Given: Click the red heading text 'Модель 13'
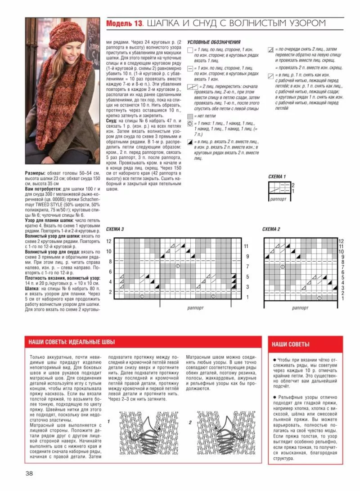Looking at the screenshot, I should (124, 23).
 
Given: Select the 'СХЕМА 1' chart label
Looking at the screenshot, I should (277, 176).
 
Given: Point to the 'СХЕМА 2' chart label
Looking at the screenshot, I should (271, 229).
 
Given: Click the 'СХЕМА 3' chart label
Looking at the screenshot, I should (115, 229).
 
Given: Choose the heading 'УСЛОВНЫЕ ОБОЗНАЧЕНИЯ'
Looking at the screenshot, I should (213, 41).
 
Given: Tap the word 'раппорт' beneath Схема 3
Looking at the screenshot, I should (196, 308).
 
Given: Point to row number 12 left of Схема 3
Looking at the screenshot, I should (108, 241).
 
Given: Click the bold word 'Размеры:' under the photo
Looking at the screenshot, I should (34, 173).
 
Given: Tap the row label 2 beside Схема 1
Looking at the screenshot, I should (293, 185).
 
